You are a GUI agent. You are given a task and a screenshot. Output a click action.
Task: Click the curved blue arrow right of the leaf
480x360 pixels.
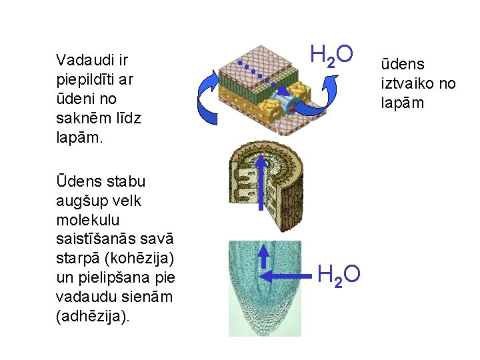click(x=319, y=100)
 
